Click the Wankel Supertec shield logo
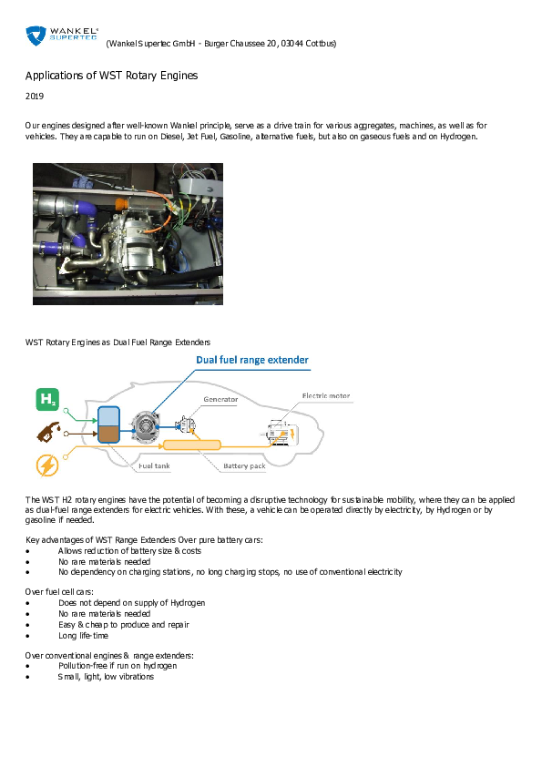tap(36, 36)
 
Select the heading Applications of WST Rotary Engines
tap(111, 75)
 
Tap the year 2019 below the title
tap(34, 96)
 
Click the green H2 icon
tap(47, 398)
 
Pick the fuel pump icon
tap(46, 431)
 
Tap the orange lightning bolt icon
tap(46, 465)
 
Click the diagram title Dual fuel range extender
tap(252, 360)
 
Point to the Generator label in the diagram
tap(220, 399)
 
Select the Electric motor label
tap(325, 396)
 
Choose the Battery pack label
tap(244, 466)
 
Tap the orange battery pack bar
tap(190, 445)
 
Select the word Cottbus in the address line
tap(321, 44)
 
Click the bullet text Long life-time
tap(83, 636)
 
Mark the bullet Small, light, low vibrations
tap(106, 677)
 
